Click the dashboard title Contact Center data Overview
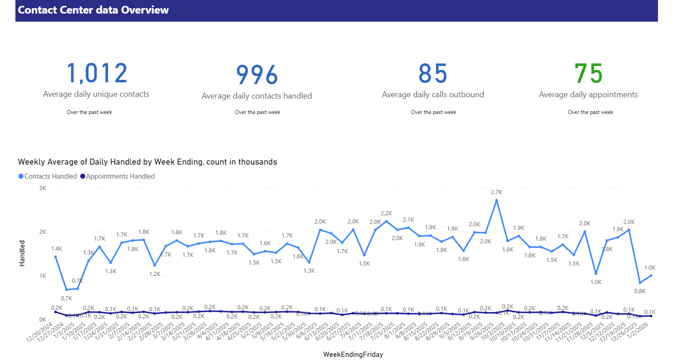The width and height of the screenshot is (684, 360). [x=94, y=10]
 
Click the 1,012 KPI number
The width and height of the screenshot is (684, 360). [x=97, y=73]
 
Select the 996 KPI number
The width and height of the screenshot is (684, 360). [x=256, y=75]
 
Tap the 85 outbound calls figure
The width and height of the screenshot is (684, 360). [x=432, y=73]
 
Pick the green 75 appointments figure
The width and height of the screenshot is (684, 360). [x=588, y=73]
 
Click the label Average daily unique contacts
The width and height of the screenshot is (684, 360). [x=96, y=94]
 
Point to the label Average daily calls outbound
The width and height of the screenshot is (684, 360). [x=432, y=95]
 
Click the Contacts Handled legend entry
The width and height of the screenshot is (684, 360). [x=47, y=176]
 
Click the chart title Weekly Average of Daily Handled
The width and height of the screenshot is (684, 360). [x=147, y=161]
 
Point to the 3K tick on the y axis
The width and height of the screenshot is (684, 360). [x=42, y=188]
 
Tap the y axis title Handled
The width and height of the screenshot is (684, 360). [x=22, y=252]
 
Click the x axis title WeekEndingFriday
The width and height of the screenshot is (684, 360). [x=353, y=355]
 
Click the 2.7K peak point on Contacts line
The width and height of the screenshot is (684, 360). [x=496, y=200]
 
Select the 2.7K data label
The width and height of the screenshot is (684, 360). [x=497, y=192]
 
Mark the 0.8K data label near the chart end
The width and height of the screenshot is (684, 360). [x=640, y=291]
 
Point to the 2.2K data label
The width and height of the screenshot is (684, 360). [x=386, y=213]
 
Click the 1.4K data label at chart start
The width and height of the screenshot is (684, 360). [x=57, y=248]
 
